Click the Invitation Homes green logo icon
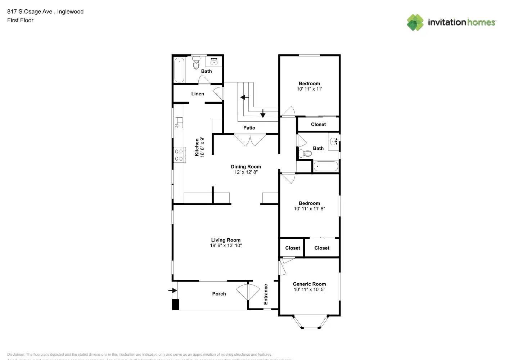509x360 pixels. coord(415,22)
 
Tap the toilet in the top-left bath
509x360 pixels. coord(196,63)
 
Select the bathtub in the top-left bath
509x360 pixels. coord(179,70)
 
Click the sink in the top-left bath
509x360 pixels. coord(214,61)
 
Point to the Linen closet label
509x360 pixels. coord(198,94)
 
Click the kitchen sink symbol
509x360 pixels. coord(179,123)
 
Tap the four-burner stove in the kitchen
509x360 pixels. coord(179,155)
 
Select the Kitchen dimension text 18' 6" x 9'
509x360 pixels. coord(202,147)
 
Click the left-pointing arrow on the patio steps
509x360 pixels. coord(245,97)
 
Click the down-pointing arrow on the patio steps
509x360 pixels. coord(263,113)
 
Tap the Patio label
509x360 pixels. coord(249,128)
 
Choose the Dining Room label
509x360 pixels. coord(246,167)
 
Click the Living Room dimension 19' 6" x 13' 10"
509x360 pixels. coord(226,246)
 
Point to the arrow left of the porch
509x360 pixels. coord(173,290)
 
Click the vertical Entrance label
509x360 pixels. coord(266,294)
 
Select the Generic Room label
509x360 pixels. coord(309,284)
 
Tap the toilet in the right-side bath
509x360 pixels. coord(306,154)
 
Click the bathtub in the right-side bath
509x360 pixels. coord(326,166)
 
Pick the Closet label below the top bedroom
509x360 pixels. coord(318,125)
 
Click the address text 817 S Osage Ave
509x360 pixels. coord(30,12)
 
